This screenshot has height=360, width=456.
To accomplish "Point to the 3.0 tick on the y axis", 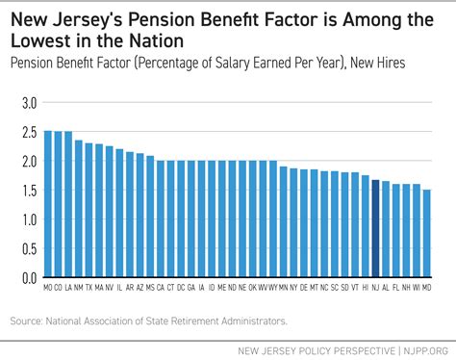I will click(x=28, y=102).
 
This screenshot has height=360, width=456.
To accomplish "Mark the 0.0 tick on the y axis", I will click(x=28, y=277).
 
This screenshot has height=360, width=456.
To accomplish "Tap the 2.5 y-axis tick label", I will click(x=28, y=132).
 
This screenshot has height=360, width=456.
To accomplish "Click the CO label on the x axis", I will click(x=58, y=287).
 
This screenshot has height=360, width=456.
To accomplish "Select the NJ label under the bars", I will click(x=375, y=287).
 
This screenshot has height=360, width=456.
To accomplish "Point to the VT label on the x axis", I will click(x=354, y=287).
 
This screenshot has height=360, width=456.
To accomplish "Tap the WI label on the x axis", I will click(x=417, y=287).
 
